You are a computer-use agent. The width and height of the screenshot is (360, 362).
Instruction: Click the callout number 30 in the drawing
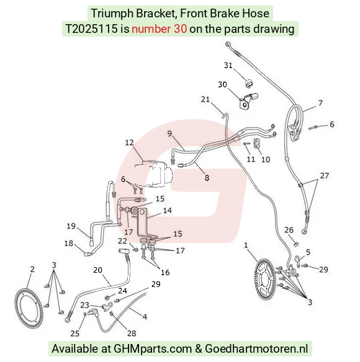pos(222,85)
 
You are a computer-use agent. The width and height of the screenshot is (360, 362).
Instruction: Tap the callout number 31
pos(228,65)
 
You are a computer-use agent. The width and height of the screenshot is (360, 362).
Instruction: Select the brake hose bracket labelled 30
pos(248,100)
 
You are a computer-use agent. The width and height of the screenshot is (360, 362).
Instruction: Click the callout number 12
pos(130,143)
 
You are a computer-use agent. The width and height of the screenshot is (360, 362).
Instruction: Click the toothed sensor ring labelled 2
pos(29,307)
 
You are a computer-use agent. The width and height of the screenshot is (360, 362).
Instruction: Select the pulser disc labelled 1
pos(266,280)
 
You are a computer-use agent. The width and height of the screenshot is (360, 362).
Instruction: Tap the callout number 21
pos(205,100)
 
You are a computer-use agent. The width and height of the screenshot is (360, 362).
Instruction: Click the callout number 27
pos(325,175)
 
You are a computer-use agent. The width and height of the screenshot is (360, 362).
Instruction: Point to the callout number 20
pos(97,270)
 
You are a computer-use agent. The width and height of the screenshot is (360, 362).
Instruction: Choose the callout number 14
pos(168,211)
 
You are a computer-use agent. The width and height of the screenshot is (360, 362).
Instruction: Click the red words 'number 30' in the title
pos(159,29)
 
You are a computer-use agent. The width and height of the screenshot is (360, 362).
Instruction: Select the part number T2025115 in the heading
pos(92,29)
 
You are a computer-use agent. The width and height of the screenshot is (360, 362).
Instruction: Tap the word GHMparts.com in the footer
pos(153,348)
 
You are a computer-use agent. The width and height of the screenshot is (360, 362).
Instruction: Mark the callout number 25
pos(74,333)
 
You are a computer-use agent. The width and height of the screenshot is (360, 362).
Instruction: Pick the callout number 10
pos(266,159)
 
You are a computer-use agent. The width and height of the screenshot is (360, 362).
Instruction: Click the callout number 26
pos(289,230)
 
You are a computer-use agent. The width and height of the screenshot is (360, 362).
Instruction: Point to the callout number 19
pos(71,226)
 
